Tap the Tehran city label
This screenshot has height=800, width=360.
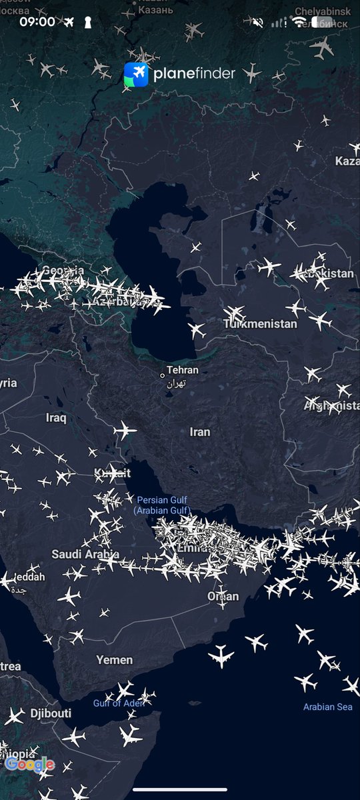[x=183, y=370]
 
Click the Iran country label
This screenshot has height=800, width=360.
[x=200, y=432]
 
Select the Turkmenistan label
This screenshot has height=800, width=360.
[x=261, y=324]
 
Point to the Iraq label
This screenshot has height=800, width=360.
[x=56, y=418]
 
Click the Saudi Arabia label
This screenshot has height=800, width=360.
[x=85, y=554]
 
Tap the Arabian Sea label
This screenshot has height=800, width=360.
[x=327, y=707]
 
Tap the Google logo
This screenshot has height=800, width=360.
[x=29, y=764]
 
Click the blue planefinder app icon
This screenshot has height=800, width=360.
[x=136, y=74]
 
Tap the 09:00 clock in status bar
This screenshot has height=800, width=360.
[x=37, y=22]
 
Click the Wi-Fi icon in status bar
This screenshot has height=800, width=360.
[x=298, y=22]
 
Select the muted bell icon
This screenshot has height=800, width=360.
[x=258, y=22]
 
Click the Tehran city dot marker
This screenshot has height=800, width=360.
[x=162, y=375]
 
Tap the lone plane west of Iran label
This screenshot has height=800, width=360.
[x=125, y=431]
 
